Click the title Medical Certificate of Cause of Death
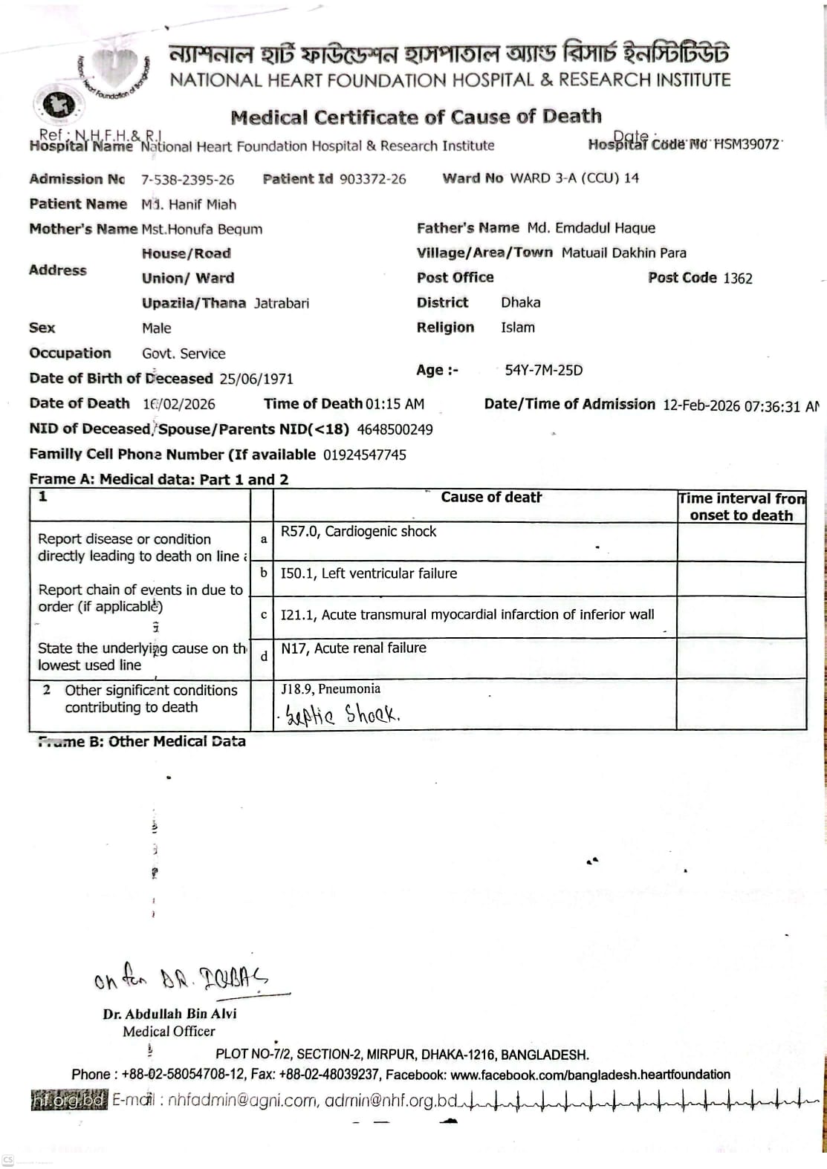(416, 117)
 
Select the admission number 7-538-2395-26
(187, 180)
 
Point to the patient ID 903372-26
(372, 179)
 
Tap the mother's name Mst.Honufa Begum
(201, 229)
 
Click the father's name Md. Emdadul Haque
(591, 228)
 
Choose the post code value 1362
(737, 279)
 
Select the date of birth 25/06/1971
(256, 379)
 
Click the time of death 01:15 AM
(395, 404)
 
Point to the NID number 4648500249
(395, 429)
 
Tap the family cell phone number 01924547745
(364, 455)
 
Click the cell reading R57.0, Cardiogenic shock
(358, 532)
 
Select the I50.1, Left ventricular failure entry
(369, 573)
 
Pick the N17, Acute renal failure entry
(353, 648)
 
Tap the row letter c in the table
(264, 615)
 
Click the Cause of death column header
(490, 498)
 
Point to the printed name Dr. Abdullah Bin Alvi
(169, 1014)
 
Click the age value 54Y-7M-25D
(543, 370)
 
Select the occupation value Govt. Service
(184, 354)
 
